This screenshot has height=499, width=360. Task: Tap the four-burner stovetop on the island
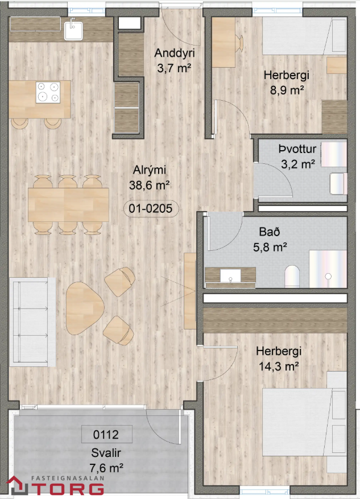point(48,92)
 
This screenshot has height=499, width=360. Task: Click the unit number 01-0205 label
point(150,209)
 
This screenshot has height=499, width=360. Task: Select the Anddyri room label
point(174,53)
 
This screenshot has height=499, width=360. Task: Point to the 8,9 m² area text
point(287,90)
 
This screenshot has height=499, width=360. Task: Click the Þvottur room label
point(297,149)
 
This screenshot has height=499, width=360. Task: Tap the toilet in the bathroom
point(292,277)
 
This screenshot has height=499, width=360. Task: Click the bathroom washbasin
point(230,275)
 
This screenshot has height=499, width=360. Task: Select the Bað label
point(270,232)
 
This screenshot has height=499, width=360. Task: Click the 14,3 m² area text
point(279,366)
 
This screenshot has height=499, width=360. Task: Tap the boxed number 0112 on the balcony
point(106,434)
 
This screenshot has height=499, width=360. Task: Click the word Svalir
point(106,452)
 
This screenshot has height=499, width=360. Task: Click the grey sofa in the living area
point(32,322)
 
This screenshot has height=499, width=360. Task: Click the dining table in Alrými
point(68,205)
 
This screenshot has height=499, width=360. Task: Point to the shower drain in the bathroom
point(328,276)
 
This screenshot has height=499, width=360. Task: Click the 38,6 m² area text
point(149,185)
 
